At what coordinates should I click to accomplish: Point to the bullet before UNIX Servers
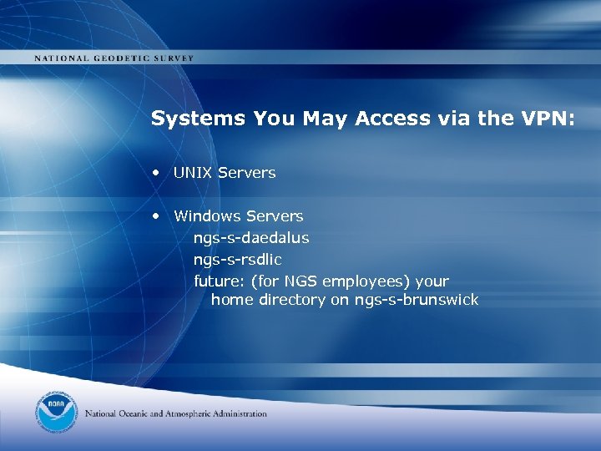click(x=156, y=173)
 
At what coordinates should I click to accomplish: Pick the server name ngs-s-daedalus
click(x=251, y=238)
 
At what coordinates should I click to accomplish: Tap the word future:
click(x=220, y=281)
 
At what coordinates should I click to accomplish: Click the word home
click(x=231, y=300)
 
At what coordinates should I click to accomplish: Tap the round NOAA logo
click(x=57, y=413)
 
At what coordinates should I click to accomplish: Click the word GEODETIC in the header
click(x=121, y=58)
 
